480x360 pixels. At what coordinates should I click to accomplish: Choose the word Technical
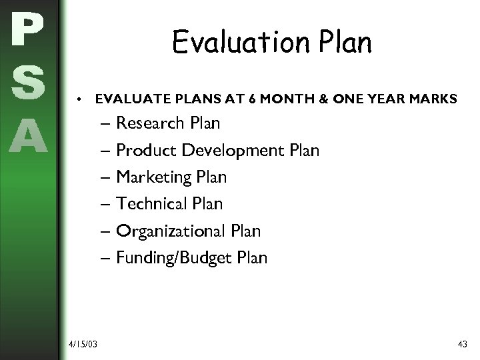(151, 204)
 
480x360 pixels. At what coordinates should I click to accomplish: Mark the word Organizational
(169, 231)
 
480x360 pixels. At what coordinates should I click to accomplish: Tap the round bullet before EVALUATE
(79, 100)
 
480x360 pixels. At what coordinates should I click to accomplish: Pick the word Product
(141, 151)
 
